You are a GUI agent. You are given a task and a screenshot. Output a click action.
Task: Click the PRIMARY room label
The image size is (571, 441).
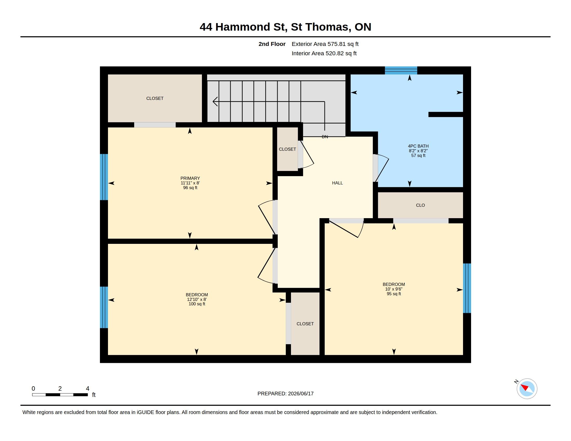190,178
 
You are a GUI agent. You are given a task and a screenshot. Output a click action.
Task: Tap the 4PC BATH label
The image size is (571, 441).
418,146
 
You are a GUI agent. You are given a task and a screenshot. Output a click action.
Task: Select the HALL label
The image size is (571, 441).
337,183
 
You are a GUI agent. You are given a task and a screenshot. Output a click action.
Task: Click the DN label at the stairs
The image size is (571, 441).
325,137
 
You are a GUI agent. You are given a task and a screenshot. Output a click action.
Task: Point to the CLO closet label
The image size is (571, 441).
420,205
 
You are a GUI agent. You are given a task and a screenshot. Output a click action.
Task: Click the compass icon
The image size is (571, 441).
527,389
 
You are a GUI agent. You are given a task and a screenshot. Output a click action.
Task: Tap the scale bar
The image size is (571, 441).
60,395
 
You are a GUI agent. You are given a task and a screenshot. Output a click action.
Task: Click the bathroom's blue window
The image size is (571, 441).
401,71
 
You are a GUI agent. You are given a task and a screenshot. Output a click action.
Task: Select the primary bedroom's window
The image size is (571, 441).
104,177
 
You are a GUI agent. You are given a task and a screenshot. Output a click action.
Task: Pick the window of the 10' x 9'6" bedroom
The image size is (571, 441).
467,288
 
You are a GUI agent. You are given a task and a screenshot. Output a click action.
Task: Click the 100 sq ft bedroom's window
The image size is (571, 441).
104,307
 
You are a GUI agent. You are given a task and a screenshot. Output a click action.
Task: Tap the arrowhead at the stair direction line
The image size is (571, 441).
215,101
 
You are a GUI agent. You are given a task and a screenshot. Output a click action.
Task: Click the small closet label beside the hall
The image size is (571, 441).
287,149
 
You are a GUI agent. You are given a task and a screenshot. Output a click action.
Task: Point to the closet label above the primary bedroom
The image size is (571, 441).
155,99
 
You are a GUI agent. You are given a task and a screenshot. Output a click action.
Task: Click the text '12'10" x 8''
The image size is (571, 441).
197,299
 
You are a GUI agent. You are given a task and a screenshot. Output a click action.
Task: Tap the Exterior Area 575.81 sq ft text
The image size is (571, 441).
325,44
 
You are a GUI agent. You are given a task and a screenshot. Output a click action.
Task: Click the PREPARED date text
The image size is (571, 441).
285,394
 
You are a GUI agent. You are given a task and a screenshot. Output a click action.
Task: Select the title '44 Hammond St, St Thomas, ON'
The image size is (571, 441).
285,27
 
